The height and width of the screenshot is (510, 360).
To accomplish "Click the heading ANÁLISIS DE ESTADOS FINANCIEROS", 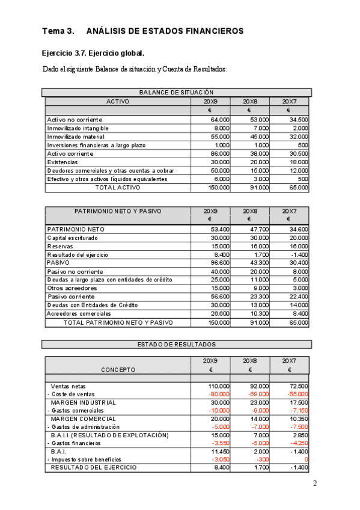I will [165, 31].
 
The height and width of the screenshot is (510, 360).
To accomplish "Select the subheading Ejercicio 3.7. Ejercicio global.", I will [93, 53].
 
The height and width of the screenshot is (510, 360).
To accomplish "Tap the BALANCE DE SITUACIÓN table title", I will [176, 93].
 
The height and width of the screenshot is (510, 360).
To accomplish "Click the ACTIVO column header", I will [118, 102].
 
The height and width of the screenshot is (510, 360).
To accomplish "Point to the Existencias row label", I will [62, 162].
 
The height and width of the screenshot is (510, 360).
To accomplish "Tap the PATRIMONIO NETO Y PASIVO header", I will [118, 211].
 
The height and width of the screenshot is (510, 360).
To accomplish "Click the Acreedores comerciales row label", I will [79, 313].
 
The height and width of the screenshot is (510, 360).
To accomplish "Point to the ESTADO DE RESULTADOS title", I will [176, 345].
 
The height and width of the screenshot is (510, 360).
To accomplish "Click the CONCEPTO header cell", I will [118, 370].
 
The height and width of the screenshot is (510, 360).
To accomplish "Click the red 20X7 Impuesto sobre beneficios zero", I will [307, 459].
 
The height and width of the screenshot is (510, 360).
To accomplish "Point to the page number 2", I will [314, 483].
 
